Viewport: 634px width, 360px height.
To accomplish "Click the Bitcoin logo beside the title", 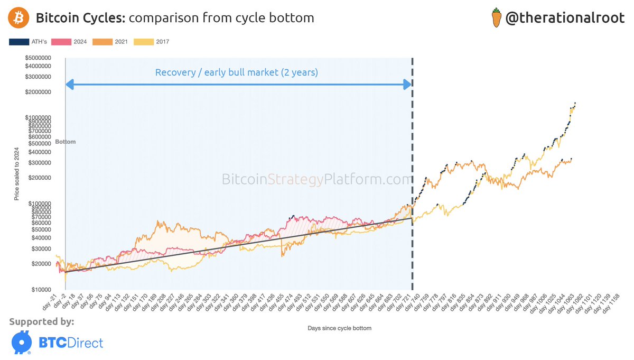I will point(18,19).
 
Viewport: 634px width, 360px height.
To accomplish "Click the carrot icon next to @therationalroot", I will point(495,19).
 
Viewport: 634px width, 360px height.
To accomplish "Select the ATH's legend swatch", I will point(18,42).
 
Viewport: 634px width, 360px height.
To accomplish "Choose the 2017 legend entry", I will point(153,42).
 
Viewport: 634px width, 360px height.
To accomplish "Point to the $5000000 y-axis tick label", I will point(36,58).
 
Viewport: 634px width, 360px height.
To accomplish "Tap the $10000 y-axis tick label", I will point(40,290).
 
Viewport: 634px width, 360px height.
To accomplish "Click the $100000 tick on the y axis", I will point(38,204).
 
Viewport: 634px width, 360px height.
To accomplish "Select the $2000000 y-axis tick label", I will point(36,92).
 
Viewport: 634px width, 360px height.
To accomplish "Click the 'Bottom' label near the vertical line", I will point(66,142).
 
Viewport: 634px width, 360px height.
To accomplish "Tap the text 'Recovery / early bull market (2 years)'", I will point(236,72).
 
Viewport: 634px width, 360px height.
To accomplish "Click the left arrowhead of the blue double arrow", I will point(69,84).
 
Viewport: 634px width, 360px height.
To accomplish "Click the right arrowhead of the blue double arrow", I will point(407,84).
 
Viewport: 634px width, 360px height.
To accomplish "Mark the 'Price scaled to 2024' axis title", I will point(16,174).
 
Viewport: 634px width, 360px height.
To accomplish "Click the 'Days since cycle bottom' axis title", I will point(339,328).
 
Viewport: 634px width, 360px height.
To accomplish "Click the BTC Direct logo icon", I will point(21,342).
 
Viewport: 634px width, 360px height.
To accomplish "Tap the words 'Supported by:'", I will point(42,321).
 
